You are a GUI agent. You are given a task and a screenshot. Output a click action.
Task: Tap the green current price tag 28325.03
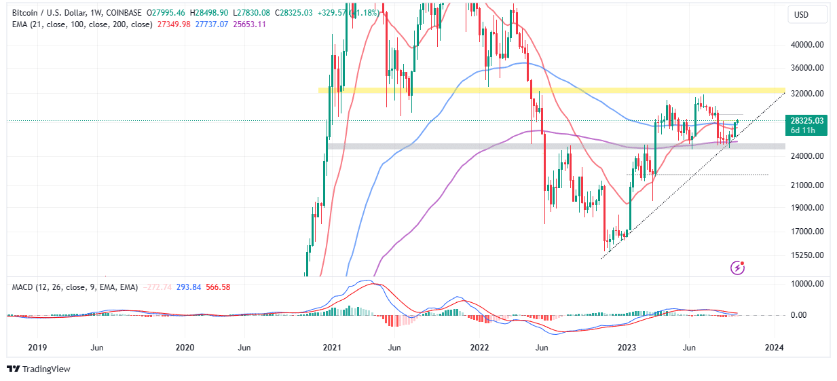pyautogui.click(x=806, y=121)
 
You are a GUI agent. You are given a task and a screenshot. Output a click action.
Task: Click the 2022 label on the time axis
pyautogui.click(x=479, y=347)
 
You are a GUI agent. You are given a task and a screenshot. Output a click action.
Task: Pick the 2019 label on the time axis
pyautogui.click(x=37, y=347)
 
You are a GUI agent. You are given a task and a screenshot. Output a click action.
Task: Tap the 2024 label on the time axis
pyautogui.click(x=774, y=347)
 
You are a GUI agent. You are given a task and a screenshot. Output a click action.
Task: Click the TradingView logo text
pyautogui.click(x=46, y=369)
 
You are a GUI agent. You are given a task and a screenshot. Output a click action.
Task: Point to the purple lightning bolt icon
pyautogui.click(x=738, y=268)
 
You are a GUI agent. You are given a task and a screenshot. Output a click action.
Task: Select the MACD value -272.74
pyautogui.click(x=156, y=287)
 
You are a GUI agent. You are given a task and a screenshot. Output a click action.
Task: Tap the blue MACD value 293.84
pyautogui.click(x=187, y=287)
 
